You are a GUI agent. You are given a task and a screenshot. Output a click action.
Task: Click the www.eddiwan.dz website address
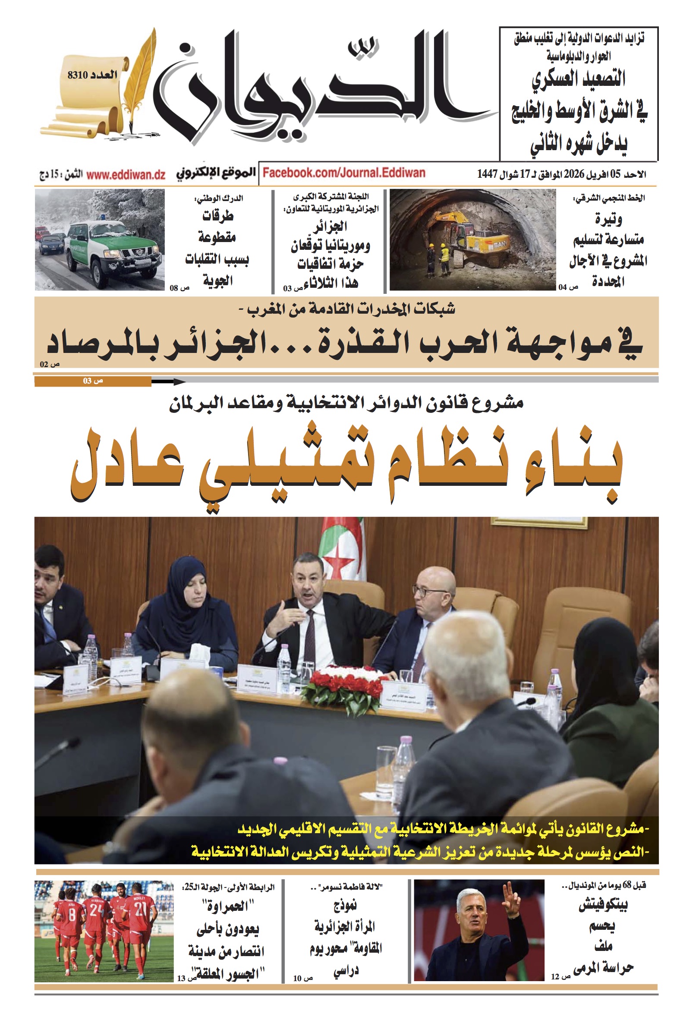(x=126, y=175)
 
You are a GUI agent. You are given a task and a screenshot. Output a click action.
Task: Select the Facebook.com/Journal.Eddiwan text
(x=344, y=173)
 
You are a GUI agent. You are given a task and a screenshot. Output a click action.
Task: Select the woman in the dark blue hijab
(x=185, y=603)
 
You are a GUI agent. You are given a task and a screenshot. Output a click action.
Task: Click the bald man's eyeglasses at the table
(x=427, y=590)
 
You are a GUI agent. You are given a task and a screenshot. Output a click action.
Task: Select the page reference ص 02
(x=49, y=364)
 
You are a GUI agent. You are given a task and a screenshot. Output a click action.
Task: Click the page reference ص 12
(x=560, y=976)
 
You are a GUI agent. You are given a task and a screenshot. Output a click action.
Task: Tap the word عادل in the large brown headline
(x=128, y=466)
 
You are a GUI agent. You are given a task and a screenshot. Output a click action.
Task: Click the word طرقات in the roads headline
(x=217, y=216)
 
